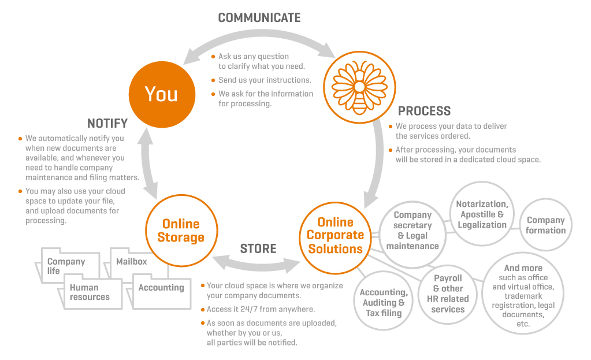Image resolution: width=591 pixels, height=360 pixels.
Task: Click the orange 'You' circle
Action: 162,94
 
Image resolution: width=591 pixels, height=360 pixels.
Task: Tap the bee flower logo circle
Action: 359,87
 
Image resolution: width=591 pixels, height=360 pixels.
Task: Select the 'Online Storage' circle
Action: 181,231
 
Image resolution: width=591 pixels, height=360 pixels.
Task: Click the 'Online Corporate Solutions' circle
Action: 335,238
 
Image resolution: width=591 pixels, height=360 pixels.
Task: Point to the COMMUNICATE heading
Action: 259,18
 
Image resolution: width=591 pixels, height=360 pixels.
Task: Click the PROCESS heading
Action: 424,111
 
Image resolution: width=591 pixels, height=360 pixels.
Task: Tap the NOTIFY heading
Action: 107,123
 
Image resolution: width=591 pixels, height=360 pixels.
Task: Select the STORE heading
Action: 258,249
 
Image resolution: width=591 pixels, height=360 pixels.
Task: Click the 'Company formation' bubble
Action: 545,225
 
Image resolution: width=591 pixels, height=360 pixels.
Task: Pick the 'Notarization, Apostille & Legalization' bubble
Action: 482,214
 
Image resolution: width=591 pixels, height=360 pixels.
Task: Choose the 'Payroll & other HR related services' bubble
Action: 447,294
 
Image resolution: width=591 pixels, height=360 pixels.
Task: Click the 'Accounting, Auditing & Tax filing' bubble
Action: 384,301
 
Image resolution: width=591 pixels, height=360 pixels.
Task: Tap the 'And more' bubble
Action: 523,294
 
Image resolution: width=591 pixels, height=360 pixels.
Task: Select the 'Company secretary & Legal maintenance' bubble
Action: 412,235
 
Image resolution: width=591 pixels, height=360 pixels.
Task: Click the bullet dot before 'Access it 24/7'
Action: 203,310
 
